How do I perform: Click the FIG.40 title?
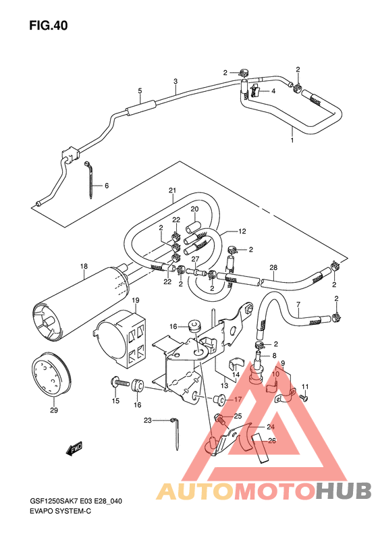pos(48,26)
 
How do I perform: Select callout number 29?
pos(53,410)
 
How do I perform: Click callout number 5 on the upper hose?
pos(140,90)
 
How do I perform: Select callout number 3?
pos(175,81)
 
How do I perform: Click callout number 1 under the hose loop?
pos(292,140)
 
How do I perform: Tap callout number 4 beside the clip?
pos(274,91)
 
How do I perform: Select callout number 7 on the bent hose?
pos(298,304)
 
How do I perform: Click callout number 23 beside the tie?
pos(146,421)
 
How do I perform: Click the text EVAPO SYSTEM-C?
pos(61,512)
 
